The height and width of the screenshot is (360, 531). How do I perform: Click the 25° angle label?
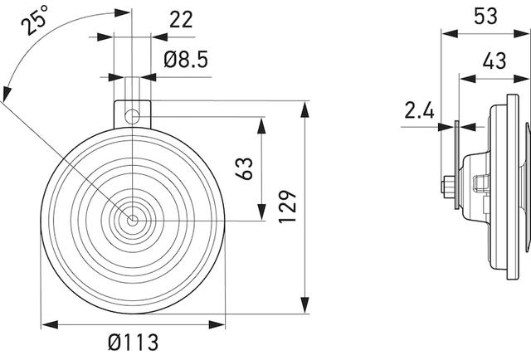coord(34,21)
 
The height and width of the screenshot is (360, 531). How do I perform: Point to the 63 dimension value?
coord(245,168)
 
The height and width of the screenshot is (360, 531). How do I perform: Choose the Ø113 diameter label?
coord(133,341)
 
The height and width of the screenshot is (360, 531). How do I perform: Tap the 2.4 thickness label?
coord(419,110)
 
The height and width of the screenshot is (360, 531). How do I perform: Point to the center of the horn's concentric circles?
coord(131,221)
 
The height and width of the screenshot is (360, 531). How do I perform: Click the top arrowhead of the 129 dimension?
coord(305,106)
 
